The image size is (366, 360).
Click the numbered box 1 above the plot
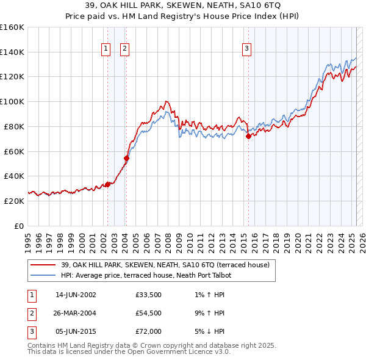pos(106,49)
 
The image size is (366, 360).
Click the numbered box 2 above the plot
pos(124,49)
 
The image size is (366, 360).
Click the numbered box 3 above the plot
pos(247,49)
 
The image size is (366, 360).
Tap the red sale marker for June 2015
pos(248,136)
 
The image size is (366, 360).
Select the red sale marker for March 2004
pos(126,158)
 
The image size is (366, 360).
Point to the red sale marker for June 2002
pos(107,184)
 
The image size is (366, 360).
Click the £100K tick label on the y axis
pos(12,101)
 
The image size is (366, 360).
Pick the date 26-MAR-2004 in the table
pos(76,313)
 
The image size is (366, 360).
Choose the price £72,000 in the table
pos(148,331)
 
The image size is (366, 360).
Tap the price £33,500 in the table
pos(148,295)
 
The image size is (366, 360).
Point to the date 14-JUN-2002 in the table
pos(76,295)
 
